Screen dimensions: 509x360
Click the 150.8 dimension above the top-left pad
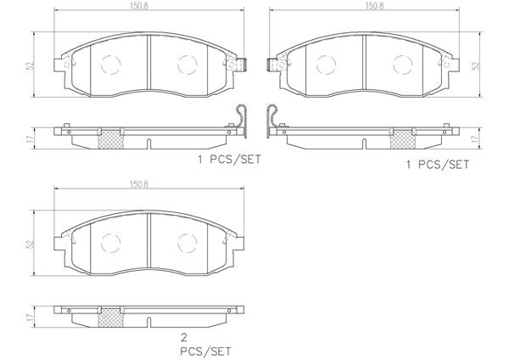139,6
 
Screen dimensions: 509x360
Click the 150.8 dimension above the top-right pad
375,6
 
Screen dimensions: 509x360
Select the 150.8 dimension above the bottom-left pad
139,184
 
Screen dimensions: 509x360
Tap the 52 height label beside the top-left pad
31,65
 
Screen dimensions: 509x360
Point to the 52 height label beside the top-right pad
476,65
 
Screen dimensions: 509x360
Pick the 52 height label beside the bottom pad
31,245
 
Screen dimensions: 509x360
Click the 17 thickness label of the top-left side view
31,139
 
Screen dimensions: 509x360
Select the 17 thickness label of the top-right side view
476,138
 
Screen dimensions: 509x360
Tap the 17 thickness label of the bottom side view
31,318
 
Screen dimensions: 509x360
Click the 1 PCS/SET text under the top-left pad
230,160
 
